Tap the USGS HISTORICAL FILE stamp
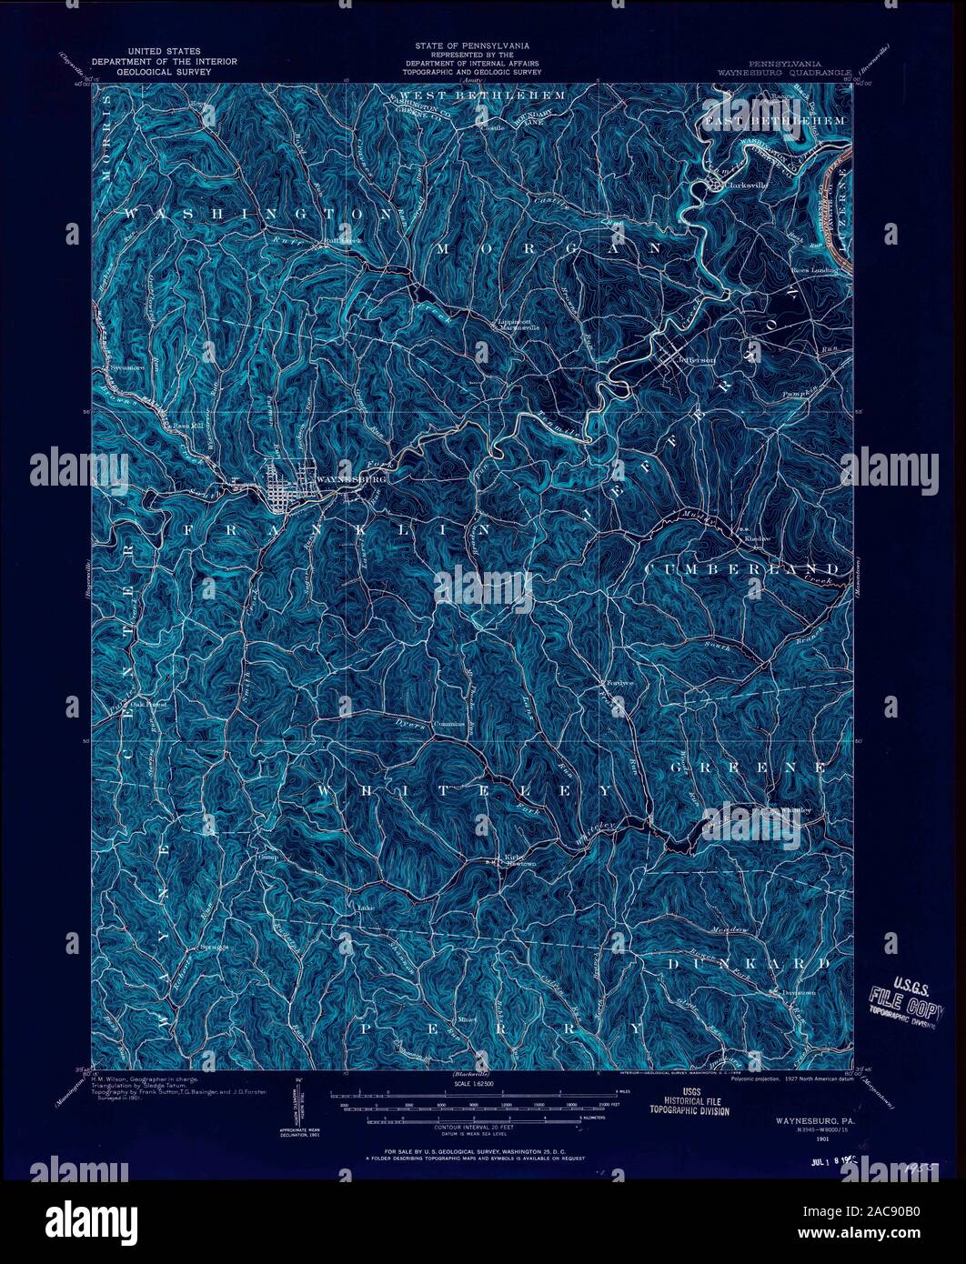coord(681,1104)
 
